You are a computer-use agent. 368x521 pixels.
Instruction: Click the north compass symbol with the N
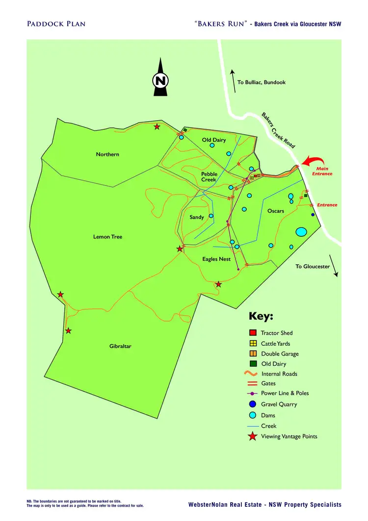click(160, 80)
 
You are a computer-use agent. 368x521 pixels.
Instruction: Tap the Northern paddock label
click(107, 155)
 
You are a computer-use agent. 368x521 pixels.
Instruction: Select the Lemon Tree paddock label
click(107, 237)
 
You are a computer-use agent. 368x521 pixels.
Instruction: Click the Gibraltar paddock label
click(120, 346)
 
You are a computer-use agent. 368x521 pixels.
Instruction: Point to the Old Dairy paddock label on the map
click(214, 140)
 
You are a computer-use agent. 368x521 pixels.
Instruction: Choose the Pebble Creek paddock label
click(209, 177)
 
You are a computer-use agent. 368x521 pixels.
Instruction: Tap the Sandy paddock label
click(197, 217)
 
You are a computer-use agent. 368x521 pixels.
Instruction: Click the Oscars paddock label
click(275, 211)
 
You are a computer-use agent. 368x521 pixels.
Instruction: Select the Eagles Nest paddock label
click(216, 259)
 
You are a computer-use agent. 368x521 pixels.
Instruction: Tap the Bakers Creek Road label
click(278, 131)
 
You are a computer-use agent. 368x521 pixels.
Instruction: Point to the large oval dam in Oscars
click(301, 231)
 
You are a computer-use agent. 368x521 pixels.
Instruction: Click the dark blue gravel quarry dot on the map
click(313, 215)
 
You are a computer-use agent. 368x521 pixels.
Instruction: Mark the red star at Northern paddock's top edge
click(157, 127)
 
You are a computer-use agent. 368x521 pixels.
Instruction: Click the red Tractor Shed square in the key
click(253, 333)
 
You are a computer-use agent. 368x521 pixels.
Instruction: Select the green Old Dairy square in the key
click(253, 364)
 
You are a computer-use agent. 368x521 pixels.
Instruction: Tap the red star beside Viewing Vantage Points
click(253, 437)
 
